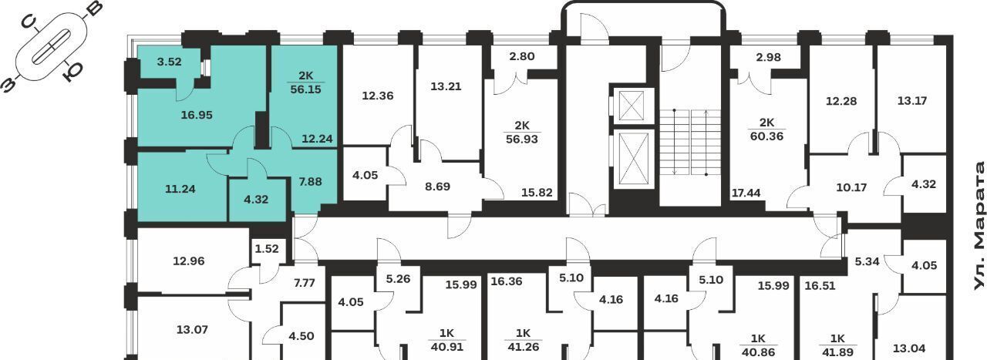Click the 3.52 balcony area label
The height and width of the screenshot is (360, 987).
169,62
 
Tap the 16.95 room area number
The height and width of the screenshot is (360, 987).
197,115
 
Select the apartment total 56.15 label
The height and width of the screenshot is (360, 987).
306,89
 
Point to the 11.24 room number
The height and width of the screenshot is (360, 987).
180,189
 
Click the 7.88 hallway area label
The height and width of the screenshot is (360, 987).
310,182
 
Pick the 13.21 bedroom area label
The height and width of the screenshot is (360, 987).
446,86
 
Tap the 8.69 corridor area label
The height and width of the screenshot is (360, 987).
437,187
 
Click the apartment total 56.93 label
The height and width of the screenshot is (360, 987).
522,140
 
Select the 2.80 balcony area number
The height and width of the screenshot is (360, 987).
522,56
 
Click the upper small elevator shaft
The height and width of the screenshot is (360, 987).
634,106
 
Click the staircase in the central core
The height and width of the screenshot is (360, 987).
689,142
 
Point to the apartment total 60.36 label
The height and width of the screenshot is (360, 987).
766,136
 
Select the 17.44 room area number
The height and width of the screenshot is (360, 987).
746,193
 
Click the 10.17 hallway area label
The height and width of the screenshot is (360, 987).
851,188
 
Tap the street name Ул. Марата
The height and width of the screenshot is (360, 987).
979,226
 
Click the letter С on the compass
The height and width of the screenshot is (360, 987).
30,22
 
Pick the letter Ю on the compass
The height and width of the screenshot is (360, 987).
72,72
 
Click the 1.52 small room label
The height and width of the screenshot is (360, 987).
267,249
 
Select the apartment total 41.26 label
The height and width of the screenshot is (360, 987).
523,347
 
